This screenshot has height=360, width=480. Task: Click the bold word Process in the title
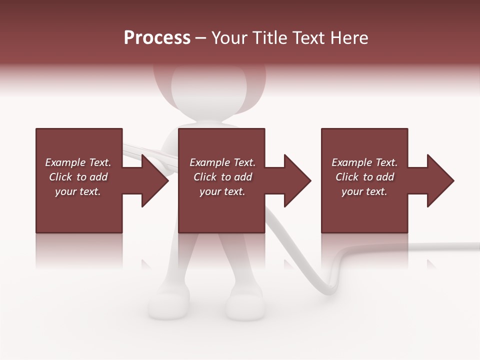click(x=157, y=38)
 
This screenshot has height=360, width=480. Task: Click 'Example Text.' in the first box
click(x=78, y=162)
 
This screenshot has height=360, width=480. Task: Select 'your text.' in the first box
click(x=78, y=191)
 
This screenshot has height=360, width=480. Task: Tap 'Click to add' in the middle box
click(x=222, y=177)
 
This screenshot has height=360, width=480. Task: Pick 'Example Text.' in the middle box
click(x=222, y=162)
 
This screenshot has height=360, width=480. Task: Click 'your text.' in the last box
click(x=364, y=191)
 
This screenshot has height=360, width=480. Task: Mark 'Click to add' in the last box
click(x=364, y=177)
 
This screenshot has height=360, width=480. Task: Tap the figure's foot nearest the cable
click(x=245, y=305)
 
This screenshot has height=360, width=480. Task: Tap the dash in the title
click(x=200, y=38)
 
